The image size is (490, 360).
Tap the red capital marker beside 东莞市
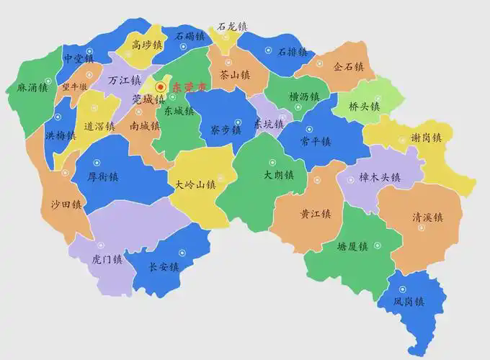[x=161, y=86]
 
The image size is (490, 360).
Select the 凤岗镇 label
[x=409, y=301]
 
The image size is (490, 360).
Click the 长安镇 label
[x=164, y=267]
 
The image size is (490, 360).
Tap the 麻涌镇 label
[x=32, y=88]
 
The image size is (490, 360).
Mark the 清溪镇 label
[x=427, y=217]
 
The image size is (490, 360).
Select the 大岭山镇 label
[x=196, y=184]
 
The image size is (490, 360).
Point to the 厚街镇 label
[x=102, y=176]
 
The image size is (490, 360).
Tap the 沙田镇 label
[x=66, y=204]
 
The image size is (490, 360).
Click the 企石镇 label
[x=349, y=67]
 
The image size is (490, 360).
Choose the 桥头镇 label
[x=365, y=105]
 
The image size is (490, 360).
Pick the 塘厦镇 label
[x=352, y=246]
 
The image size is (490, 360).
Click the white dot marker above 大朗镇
[x=272, y=161]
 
